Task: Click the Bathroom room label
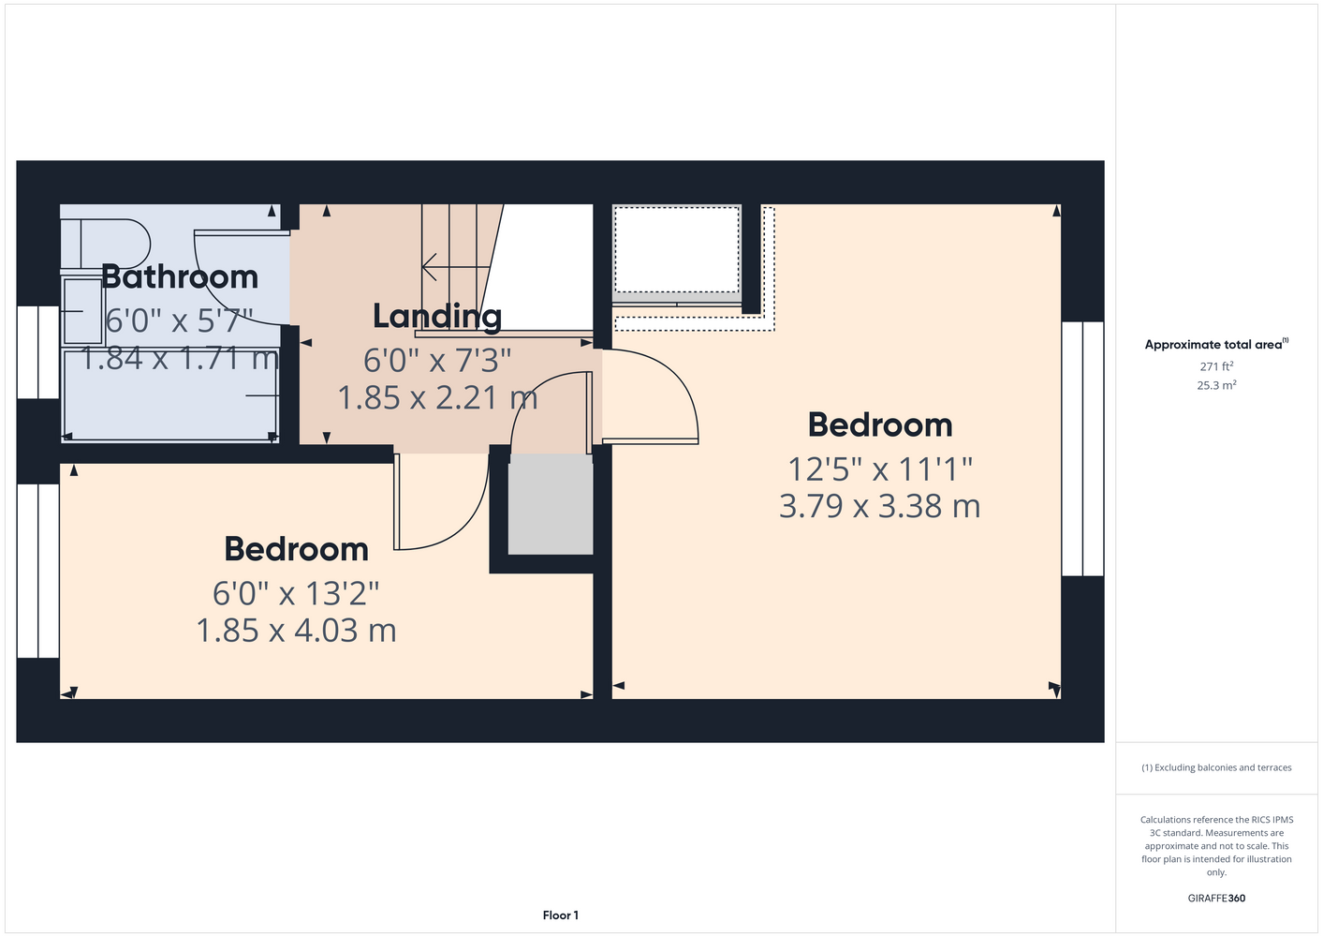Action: point(180,276)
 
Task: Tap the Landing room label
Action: point(437,317)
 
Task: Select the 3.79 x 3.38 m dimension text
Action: point(879,506)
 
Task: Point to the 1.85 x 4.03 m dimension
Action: point(296,631)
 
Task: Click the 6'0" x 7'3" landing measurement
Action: point(437,360)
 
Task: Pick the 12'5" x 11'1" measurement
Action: point(880,469)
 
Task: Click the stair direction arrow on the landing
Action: point(456,267)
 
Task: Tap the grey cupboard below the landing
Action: point(551,504)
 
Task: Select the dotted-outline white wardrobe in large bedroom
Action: point(677,249)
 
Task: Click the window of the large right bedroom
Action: point(1082,449)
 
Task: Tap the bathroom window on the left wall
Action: point(37,352)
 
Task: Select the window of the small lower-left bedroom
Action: point(37,571)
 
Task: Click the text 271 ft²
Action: point(1216,366)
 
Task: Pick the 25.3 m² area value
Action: point(1216,385)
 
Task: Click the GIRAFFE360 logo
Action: point(1216,898)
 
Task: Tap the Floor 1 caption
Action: point(561,915)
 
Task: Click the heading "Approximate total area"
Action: point(1213,345)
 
